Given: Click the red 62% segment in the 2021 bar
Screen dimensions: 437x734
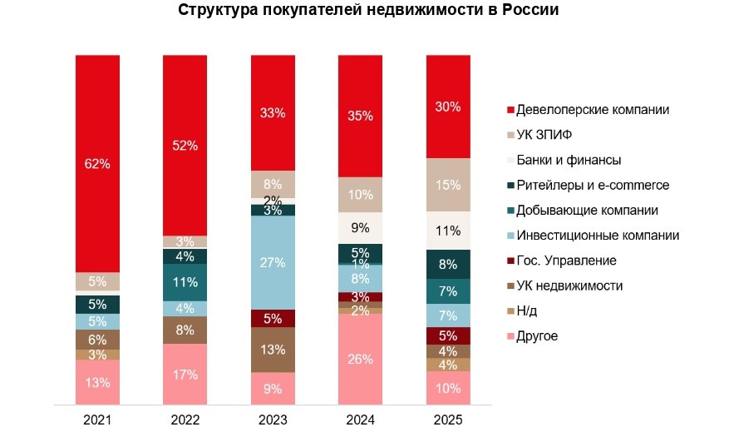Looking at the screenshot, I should (x=97, y=163).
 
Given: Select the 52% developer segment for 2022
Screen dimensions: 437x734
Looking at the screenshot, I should (x=185, y=145).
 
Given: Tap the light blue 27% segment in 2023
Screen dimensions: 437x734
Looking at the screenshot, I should (x=273, y=262).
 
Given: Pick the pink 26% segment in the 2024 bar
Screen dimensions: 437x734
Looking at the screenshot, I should (x=361, y=359).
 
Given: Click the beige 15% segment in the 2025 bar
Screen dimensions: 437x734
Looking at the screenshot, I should (x=448, y=185).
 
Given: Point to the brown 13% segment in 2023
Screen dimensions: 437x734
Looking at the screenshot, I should (x=273, y=350).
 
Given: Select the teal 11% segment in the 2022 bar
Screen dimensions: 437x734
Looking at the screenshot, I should (x=185, y=282).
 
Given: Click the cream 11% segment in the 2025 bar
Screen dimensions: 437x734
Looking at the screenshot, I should (x=448, y=231).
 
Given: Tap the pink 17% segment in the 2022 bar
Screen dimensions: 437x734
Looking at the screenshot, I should (x=185, y=374).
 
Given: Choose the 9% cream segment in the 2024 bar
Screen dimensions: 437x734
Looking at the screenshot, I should (x=361, y=227).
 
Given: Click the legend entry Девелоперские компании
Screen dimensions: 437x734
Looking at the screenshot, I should (x=593, y=109).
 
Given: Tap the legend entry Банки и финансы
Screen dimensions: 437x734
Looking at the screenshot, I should (x=569, y=160).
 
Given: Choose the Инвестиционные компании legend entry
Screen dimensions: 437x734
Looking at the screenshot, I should (x=597, y=236).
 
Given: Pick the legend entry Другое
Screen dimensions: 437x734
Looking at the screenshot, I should (x=537, y=336).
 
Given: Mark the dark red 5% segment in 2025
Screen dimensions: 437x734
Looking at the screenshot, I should (x=448, y=335).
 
